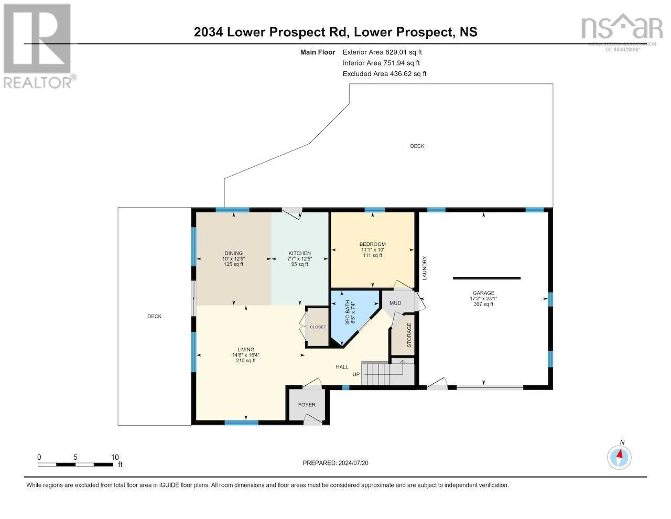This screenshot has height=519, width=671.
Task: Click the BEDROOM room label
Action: (372, 244)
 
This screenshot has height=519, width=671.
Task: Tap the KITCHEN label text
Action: (299, 253)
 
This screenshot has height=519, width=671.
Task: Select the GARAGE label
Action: (483, 293)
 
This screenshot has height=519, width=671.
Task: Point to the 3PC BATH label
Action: (348, 312)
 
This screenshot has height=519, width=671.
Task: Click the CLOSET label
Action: (318, 327)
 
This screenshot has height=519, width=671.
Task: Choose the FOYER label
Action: (307, 405)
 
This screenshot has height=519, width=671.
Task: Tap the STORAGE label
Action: (409, 335)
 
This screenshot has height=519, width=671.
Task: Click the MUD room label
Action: (395, 303)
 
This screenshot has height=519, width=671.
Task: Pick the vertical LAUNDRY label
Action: (424, 268)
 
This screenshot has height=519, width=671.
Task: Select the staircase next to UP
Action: (387, 373)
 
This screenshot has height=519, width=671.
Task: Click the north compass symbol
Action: (619, 458)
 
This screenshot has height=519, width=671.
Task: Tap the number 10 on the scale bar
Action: (115, 457)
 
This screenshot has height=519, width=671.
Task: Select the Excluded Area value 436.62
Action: (400, 74)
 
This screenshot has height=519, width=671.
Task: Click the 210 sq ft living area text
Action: (246, 360)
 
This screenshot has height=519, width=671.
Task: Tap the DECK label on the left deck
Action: (155, 316)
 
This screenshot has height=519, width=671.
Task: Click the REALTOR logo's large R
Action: (37, 38)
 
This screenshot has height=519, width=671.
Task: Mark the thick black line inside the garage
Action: (486, 278)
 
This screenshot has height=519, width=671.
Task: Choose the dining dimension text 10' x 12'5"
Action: (233, 259)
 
